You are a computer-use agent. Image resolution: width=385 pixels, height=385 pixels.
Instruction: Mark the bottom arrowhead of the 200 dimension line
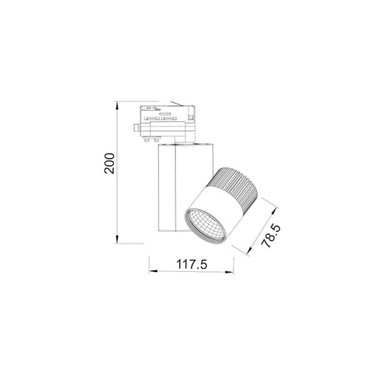point(117,239)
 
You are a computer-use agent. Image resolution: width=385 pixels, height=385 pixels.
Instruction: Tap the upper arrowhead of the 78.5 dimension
point(277,207)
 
